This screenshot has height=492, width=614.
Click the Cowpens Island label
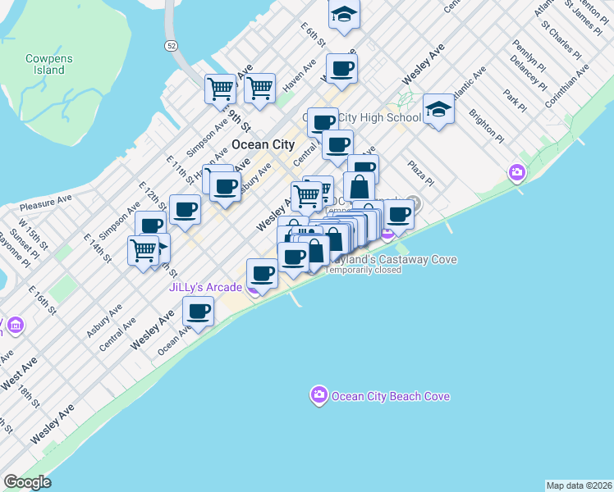[x=44, y=64]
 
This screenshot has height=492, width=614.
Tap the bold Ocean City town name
[x=263, y=143]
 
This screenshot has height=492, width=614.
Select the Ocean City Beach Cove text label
[x=390, y=397]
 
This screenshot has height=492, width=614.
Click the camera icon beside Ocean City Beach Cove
[x=318, y=396]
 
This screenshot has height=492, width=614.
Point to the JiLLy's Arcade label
[x=205, y=287]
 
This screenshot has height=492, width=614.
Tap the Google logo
[x=27, y=482]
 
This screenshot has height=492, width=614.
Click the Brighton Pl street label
[x=487, y=125]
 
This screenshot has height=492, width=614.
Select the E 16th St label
[x=41, y=301]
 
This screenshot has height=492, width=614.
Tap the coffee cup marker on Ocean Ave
[x=198, y=312]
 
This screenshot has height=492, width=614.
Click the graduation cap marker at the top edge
[x=344, y=14]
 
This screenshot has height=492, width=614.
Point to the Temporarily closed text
[x=364, y=270]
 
